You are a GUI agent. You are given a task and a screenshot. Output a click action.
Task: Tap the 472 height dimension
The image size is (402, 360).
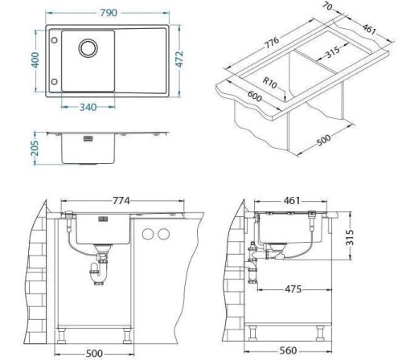click(182, 60)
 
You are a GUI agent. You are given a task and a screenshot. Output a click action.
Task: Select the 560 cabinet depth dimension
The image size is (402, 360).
click(289, 351)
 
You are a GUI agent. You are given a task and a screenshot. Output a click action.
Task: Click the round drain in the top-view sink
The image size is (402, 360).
click(87, 50)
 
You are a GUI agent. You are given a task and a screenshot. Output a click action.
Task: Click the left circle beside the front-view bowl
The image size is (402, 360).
click(147, 234)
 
